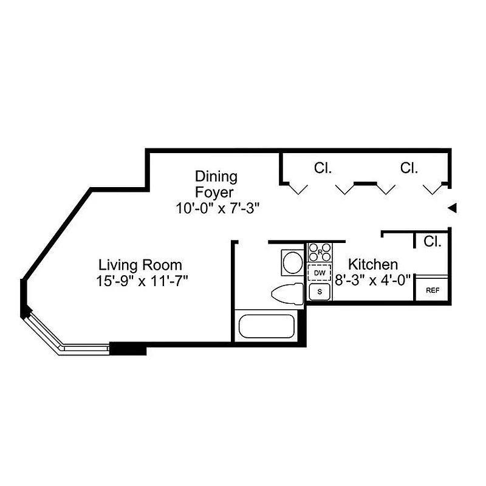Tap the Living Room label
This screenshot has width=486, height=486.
tap(140, 265)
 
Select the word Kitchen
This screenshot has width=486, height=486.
tap(373, 264)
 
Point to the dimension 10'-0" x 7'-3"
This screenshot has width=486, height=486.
tap(218, 208)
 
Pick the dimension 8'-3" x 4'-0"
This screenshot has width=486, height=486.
tap(373, 280)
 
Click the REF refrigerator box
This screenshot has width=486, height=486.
tap(432, 290)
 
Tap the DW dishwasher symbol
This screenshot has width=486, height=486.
tap(320, 273)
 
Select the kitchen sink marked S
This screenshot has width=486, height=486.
tap(320, 292)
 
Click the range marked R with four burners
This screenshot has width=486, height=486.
tap(320, 252)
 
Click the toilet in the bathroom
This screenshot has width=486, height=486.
tap(287, 294)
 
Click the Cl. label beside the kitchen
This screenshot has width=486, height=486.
tap(432, 242)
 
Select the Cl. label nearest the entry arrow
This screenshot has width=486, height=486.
tap(409, 168)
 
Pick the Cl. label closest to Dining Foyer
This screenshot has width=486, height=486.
tap(323, 168)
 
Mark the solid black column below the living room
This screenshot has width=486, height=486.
tap(128, 349)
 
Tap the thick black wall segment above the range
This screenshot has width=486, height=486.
tap(307, 241)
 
